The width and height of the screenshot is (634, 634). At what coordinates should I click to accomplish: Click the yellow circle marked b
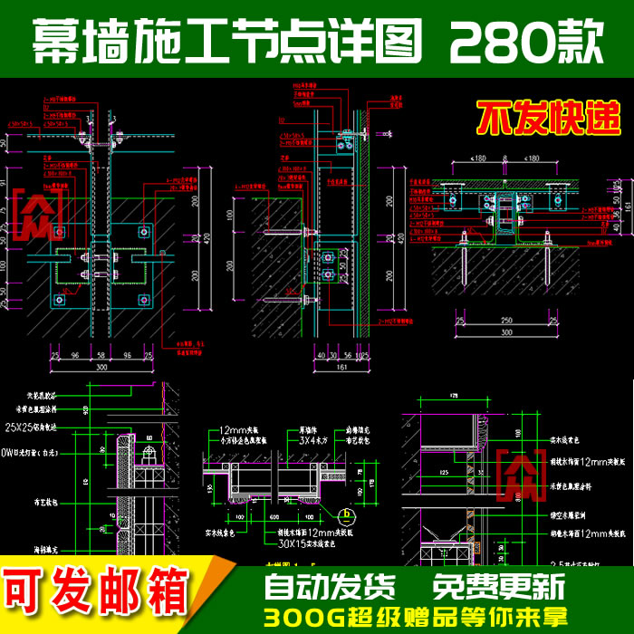point(343,516)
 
